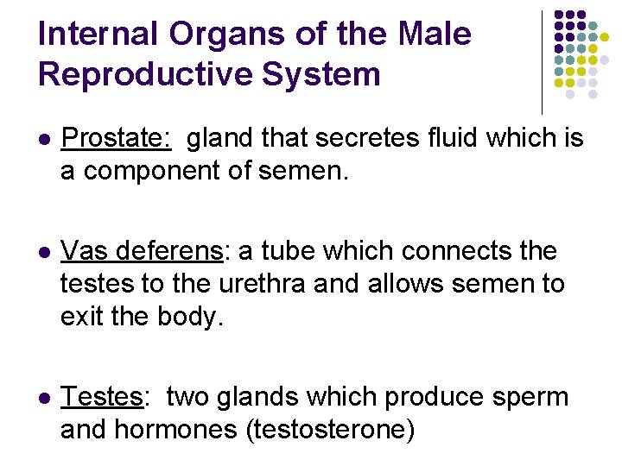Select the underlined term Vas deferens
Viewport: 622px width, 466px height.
point(143,251)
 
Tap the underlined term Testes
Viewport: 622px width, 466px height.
point(102,397)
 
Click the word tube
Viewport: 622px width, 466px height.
point(281,251)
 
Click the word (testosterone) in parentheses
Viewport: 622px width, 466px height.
point(331,430)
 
